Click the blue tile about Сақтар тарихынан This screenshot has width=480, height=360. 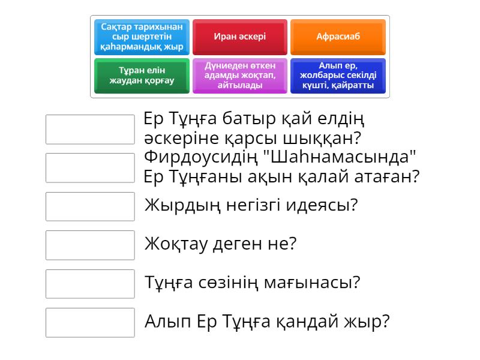pos(142,37)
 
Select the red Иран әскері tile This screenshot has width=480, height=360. pos(240,37)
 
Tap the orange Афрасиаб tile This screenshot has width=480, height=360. pos(338,37)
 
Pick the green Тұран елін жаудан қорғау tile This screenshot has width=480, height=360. pos(142,76)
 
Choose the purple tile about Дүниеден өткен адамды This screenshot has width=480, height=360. pos(240,76)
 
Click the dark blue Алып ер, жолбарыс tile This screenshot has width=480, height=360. pos(338,76)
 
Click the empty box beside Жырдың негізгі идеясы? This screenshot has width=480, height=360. pos(90,206)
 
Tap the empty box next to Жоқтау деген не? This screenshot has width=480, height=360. pos(90,245)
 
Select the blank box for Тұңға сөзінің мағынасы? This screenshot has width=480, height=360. pos(90,284)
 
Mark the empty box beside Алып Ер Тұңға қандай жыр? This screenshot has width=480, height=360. pos(90,322)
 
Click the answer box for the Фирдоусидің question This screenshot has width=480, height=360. pos(90,167)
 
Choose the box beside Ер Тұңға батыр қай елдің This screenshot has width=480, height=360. pos(90,129)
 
